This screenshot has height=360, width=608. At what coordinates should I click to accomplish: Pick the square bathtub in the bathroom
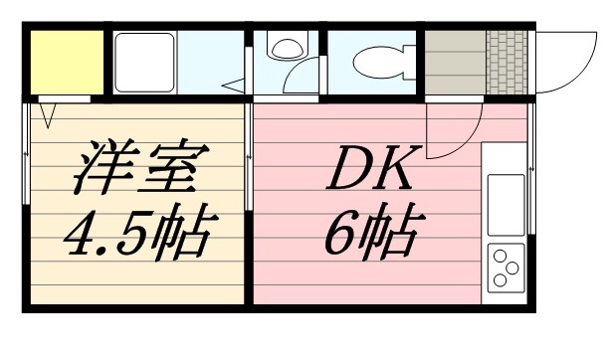coord(144,61)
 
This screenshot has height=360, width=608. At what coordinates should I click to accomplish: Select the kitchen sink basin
coord(505,199)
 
